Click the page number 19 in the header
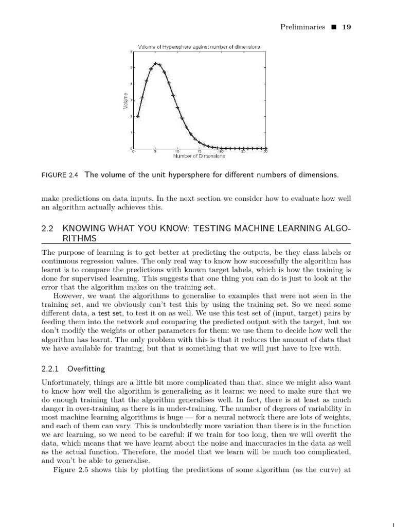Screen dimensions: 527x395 (x=347, y=27)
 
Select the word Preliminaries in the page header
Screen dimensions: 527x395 (x=302, y=27)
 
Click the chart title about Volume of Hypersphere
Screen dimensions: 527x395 (x=199, y=47)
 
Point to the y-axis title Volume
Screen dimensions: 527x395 (x=125, y=100)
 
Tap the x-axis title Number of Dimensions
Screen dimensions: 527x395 (x=199, y=156)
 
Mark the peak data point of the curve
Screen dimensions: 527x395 (x=155, y=63)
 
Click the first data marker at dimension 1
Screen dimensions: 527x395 (x=138, y=116)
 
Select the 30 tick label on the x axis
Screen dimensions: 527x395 (x=265, y=151)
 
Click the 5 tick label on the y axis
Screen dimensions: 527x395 (x=131, y=67)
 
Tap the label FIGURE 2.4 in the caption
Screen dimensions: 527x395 (x=60, y=175)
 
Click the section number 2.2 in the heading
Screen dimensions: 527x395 (x=47, y=229)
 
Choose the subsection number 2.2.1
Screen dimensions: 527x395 (x=50, y=369)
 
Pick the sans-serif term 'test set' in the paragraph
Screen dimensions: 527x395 (x=111, y=313)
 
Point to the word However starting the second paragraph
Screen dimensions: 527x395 (x=68, y=296)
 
